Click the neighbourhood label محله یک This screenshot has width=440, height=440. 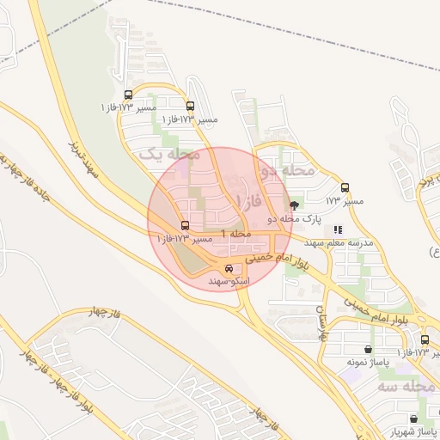(168, 154)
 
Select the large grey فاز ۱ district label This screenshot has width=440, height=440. (250, 200)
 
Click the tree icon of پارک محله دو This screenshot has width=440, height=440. (295, 205)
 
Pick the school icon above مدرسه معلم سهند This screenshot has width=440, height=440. (338, 230)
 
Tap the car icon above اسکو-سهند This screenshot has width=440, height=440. (228, 268)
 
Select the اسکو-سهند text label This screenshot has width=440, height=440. (229, 281)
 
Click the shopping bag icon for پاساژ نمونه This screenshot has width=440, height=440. (369, 350)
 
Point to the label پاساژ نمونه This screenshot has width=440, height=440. (363, 364)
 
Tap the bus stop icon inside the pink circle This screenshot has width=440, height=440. (184, 225)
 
